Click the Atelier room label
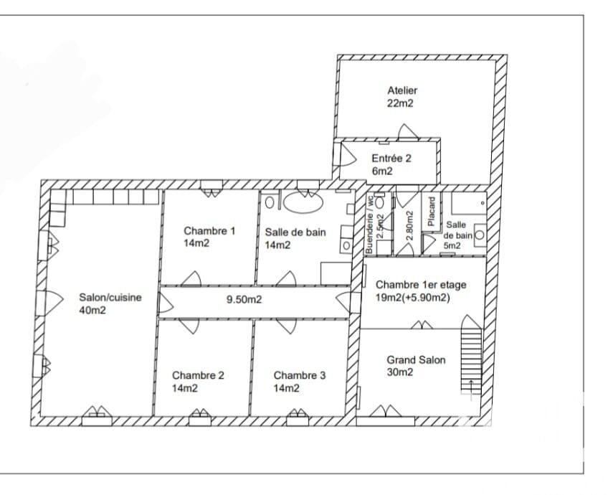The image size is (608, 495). coord(402,90)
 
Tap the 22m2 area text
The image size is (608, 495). coord(400,103)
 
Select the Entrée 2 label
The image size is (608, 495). coord(391,159)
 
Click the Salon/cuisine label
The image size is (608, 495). coord(110,298)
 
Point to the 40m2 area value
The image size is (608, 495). coord(92,311)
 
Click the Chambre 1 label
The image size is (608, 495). coord(209,231)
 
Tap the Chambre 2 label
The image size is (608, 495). coord(198,375)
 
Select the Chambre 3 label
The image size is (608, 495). coord(300,375)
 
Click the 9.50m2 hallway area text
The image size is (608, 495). coord(244,299)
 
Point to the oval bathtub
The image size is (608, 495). coord(303,202)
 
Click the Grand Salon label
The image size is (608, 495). coord(416,360)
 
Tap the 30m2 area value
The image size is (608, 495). coord(400,372)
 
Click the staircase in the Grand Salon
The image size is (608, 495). coord(471,356)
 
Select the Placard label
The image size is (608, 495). coord(431,212)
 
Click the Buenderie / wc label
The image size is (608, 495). coord(369,225)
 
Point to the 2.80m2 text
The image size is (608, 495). coord(410,226)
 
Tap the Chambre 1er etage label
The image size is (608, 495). coord(421,285)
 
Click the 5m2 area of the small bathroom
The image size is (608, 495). coord(452,245)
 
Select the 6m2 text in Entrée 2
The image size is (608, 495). coord(382,171)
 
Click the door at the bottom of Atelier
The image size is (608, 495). coord(407,131)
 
